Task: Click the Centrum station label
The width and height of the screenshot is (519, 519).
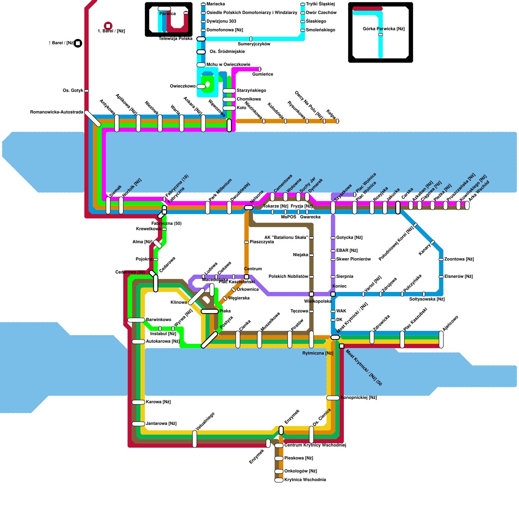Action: coord(253,269)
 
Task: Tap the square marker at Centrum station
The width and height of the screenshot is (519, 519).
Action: coord(247,277)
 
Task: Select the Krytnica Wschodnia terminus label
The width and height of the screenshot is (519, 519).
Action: coord(305,480)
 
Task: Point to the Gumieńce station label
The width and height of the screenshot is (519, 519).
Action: coord(262,74)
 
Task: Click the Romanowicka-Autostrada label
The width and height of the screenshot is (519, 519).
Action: coord(56,112)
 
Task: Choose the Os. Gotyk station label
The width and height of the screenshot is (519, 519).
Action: coord(73,91)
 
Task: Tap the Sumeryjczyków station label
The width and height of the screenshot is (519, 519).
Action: coord(254,44)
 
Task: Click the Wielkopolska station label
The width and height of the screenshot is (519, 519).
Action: coord(317,301)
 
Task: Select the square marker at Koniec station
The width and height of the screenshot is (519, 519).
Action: coord(333,294)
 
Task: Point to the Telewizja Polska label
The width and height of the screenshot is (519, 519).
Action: coord(175,39)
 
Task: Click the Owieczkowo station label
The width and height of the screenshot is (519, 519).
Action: coord(183,86)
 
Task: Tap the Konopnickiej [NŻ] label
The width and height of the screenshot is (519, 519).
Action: coord(358,398)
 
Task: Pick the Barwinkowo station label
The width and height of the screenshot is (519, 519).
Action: coord(159,320)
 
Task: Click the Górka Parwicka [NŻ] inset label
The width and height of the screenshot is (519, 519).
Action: coord(383,29)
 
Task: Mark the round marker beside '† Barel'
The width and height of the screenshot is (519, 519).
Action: coord(78,43)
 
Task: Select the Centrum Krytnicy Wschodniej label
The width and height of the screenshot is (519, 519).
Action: coord(315,445)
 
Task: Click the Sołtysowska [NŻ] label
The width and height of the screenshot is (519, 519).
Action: coord(427,299)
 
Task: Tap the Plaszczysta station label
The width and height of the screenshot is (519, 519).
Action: coord(262,242)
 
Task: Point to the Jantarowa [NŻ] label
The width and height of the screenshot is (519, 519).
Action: coord(161,424)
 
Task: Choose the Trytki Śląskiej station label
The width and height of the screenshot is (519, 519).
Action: coord(320,4)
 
